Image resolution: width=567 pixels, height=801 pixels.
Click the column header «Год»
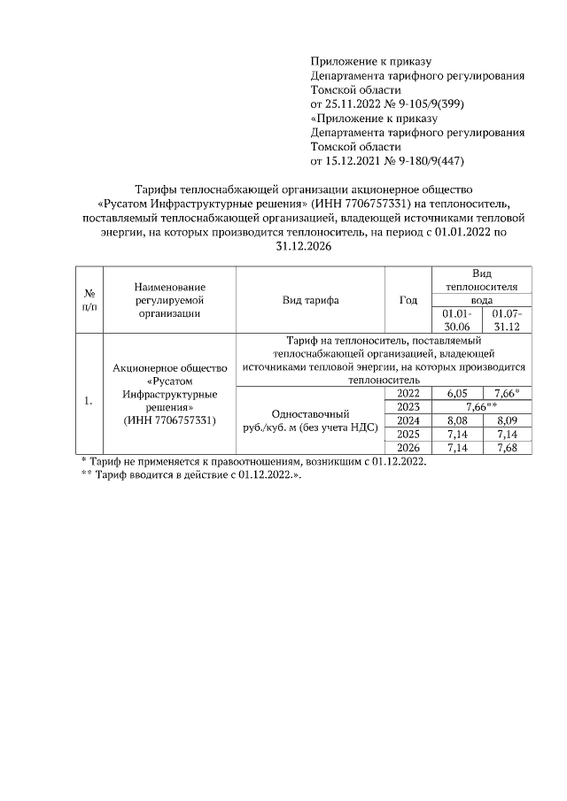[408, 300]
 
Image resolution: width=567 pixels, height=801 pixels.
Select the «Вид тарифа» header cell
[310, 300]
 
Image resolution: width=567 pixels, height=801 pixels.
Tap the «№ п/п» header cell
[89, 299]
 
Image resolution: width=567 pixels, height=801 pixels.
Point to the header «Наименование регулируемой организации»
[170, 299]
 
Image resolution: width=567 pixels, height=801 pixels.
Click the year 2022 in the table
[408, 392]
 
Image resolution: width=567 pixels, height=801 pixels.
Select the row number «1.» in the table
[89, 401]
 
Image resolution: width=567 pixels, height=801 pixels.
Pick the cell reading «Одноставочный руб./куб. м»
[310, 420]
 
